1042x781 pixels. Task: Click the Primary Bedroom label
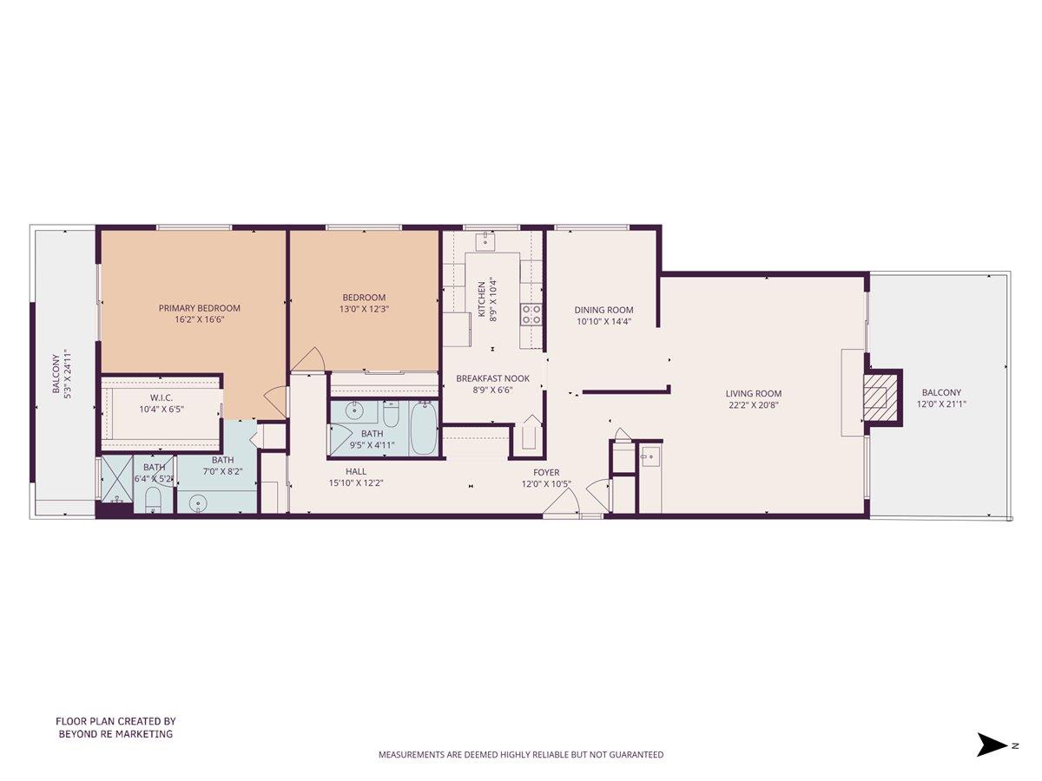pyautogui.click(x=200, y=308)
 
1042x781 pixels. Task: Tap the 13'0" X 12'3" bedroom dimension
pyautogui.click(x=364, y=310)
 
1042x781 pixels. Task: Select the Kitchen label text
pyautogui.click(x=482, y=299)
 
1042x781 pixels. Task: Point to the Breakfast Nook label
pyautogui.click(x=492, y=378)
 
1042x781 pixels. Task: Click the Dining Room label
pyautogui.click(x=603, y=310)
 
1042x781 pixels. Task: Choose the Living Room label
pyautogui.click(x=754, y=394)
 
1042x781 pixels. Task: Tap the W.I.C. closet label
pyautogui.click(x=162, y=397)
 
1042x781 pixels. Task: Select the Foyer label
pyautogui.click(x=546, y=472)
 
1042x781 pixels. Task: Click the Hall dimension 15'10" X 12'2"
pyautogui.click(x=356, y=483)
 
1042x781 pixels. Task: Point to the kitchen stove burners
pyautogui.click(x=531, y=315)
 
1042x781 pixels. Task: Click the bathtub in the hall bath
pyautogui.click(x=424, y=428)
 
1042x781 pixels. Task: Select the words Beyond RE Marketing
pyautogui.click(x=115, y=734)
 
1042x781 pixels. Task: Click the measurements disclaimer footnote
pyautogui.click(x=521, y=754)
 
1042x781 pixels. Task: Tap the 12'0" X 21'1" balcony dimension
pyautogui.click(x=941, y=404)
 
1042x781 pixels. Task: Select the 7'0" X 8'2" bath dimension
pyautogui.click(x=222, y=472)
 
